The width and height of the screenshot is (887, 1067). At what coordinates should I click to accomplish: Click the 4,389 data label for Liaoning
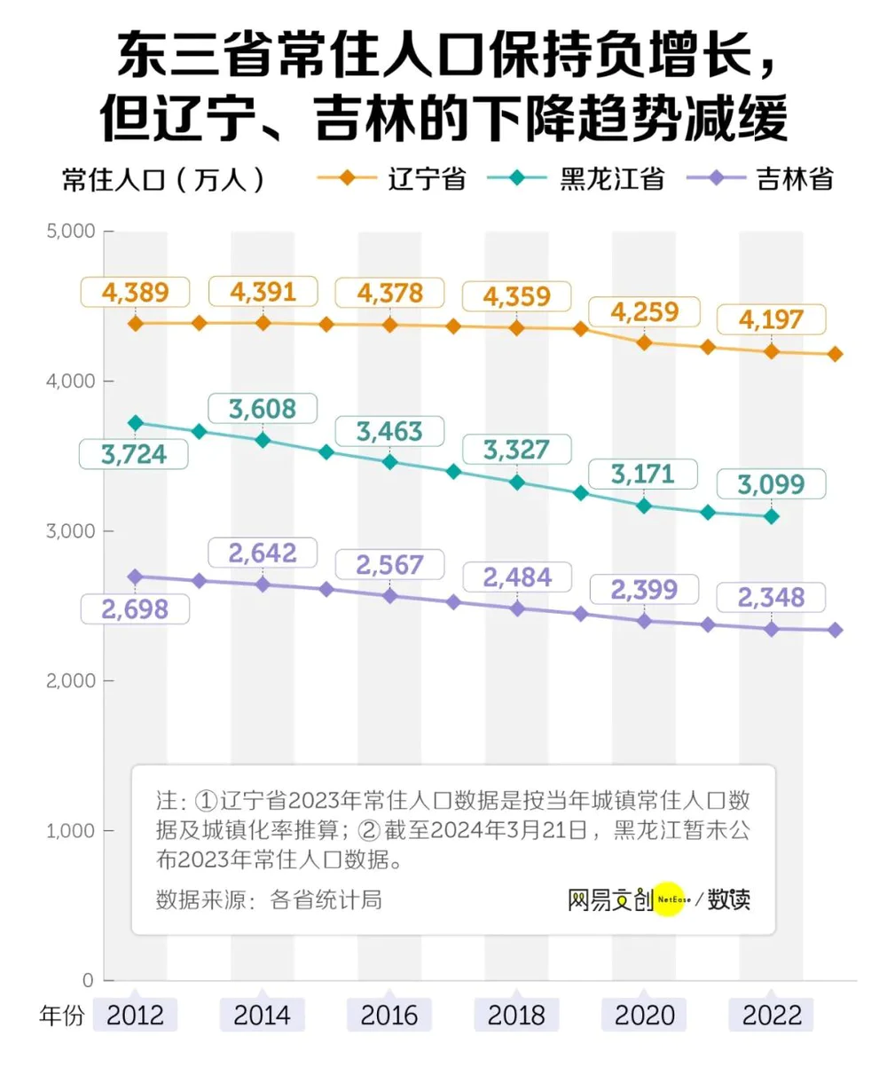pos(135,293)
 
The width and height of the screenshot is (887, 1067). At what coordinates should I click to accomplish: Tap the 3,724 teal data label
pos(134,454)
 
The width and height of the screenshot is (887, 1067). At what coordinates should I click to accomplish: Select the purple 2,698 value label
pos(135,609)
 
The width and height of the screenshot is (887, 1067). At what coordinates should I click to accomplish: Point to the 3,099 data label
pos(771,484)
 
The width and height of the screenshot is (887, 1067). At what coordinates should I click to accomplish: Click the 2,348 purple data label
pos(771,597)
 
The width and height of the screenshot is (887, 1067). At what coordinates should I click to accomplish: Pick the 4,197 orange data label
pos(771,319)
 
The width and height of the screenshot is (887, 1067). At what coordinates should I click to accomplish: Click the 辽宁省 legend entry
pos(391,179)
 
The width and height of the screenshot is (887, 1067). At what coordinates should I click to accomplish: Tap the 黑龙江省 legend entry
pos(576,179)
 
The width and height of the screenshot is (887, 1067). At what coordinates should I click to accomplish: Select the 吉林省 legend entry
pos(760,179)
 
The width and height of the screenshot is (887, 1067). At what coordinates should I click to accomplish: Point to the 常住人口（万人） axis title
pos(163,180)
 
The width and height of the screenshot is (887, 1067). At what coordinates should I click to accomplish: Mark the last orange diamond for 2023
pos(835,354)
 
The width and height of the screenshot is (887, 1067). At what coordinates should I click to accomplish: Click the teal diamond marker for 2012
pos(136,422)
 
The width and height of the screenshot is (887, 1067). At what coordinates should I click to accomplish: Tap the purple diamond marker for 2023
pos(835,630)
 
